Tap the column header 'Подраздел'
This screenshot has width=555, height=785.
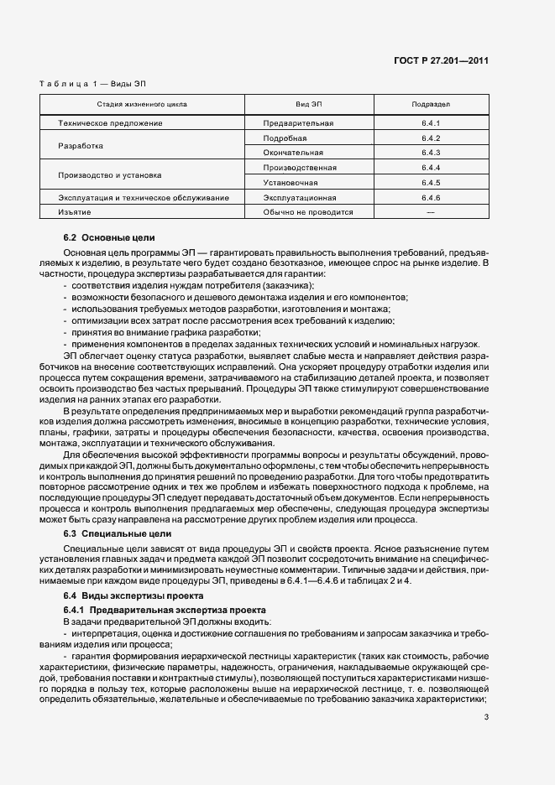(432, 106)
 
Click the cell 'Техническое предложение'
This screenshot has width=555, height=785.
(110, 123)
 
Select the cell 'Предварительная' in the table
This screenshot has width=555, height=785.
(298, 123)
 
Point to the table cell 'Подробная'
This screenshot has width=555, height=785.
(285, 138)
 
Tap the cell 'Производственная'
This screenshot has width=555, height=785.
(300, 168)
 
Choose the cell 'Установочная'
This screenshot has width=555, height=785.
(291, 182)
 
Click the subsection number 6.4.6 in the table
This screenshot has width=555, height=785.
(432, 198)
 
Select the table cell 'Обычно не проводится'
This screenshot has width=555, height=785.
(308, 212)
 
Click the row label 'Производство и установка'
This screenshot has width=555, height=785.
(110, 175)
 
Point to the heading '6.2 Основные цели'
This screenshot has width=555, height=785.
(109, 237)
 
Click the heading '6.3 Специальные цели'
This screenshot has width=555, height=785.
(118, 533)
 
